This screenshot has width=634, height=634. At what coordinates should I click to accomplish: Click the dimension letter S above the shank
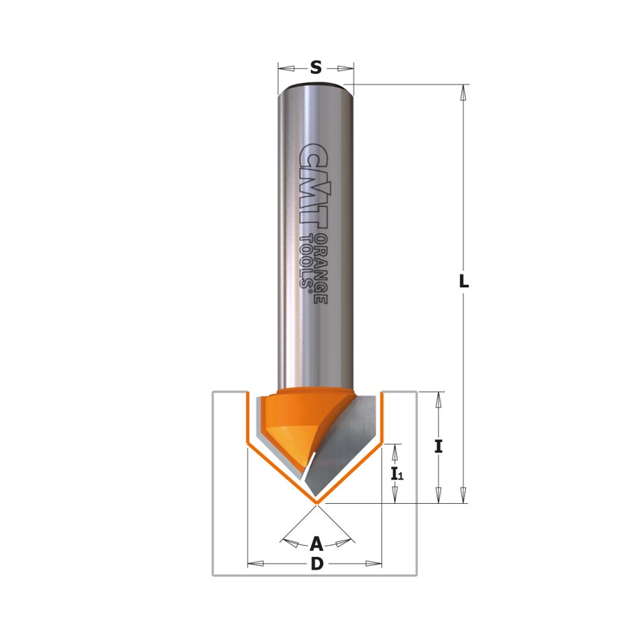316,68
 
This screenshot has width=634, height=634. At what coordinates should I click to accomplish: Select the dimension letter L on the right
464,282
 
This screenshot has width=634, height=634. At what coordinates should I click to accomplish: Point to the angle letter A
316,542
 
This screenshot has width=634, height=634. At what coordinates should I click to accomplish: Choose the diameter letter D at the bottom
316,564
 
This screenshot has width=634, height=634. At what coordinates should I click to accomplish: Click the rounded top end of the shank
315,88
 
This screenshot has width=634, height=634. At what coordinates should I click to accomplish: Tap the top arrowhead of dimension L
464,92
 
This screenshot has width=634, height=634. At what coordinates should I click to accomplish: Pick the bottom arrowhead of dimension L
464,496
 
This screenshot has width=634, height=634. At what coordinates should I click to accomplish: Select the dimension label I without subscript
439,446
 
